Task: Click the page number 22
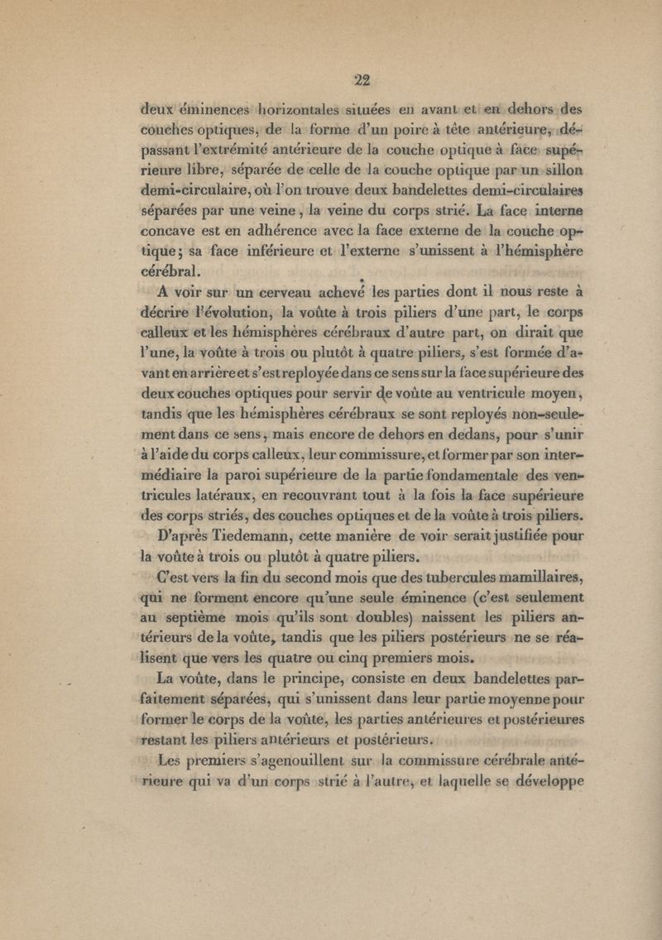[361, 80]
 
